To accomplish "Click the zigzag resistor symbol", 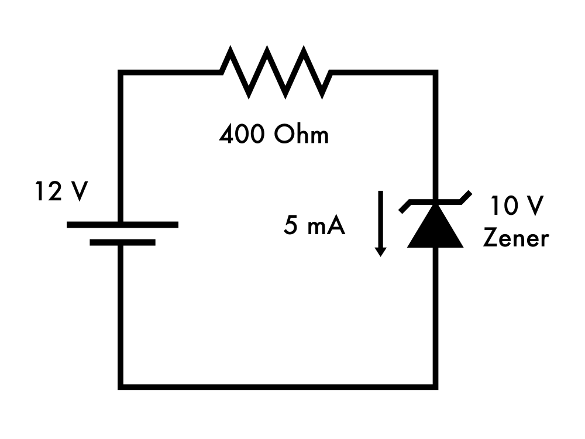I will (x=276, y=72).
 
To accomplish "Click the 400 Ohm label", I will (x=274, y=135).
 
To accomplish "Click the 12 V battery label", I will (x=60, y=192).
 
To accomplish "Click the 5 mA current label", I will (x=314, y=226).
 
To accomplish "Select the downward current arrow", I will (x=380, y=222).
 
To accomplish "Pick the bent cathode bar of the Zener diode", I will (x=435, y=202).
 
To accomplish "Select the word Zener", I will (x=515, y=238).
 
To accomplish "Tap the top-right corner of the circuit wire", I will (x=435, y=73).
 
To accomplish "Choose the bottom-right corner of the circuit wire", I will (x=435, y=386).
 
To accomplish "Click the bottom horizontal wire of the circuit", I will (x=278, y=386).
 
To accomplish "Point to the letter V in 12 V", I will (x=77, y=192).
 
